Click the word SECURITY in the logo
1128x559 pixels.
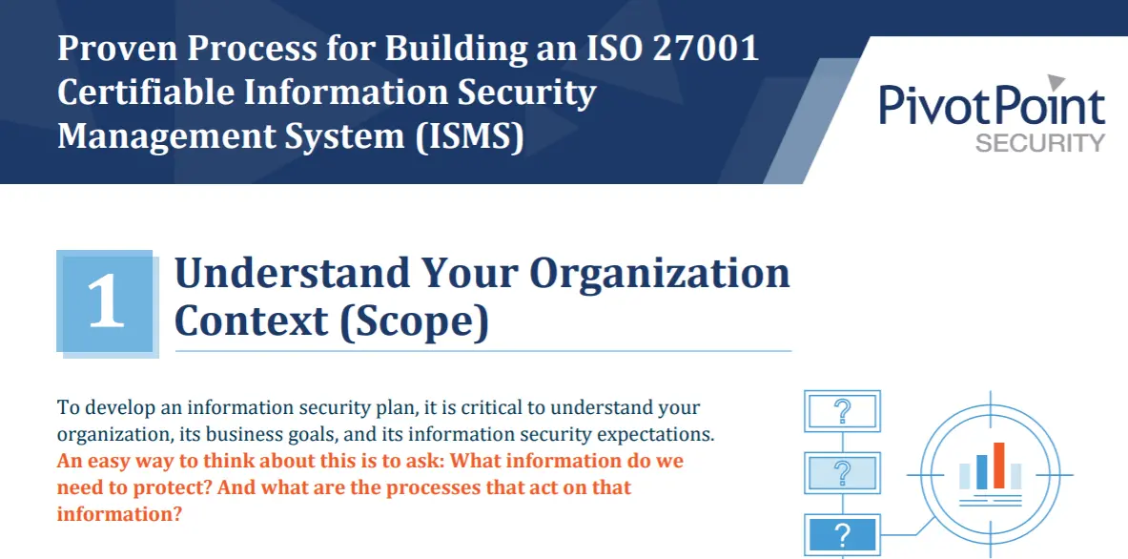1039,142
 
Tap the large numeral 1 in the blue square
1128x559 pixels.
106,302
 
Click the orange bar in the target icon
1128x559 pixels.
998,465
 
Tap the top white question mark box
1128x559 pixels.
842,411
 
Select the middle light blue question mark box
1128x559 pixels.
842,473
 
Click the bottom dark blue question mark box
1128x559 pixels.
842,535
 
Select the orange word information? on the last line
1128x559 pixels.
118,515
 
